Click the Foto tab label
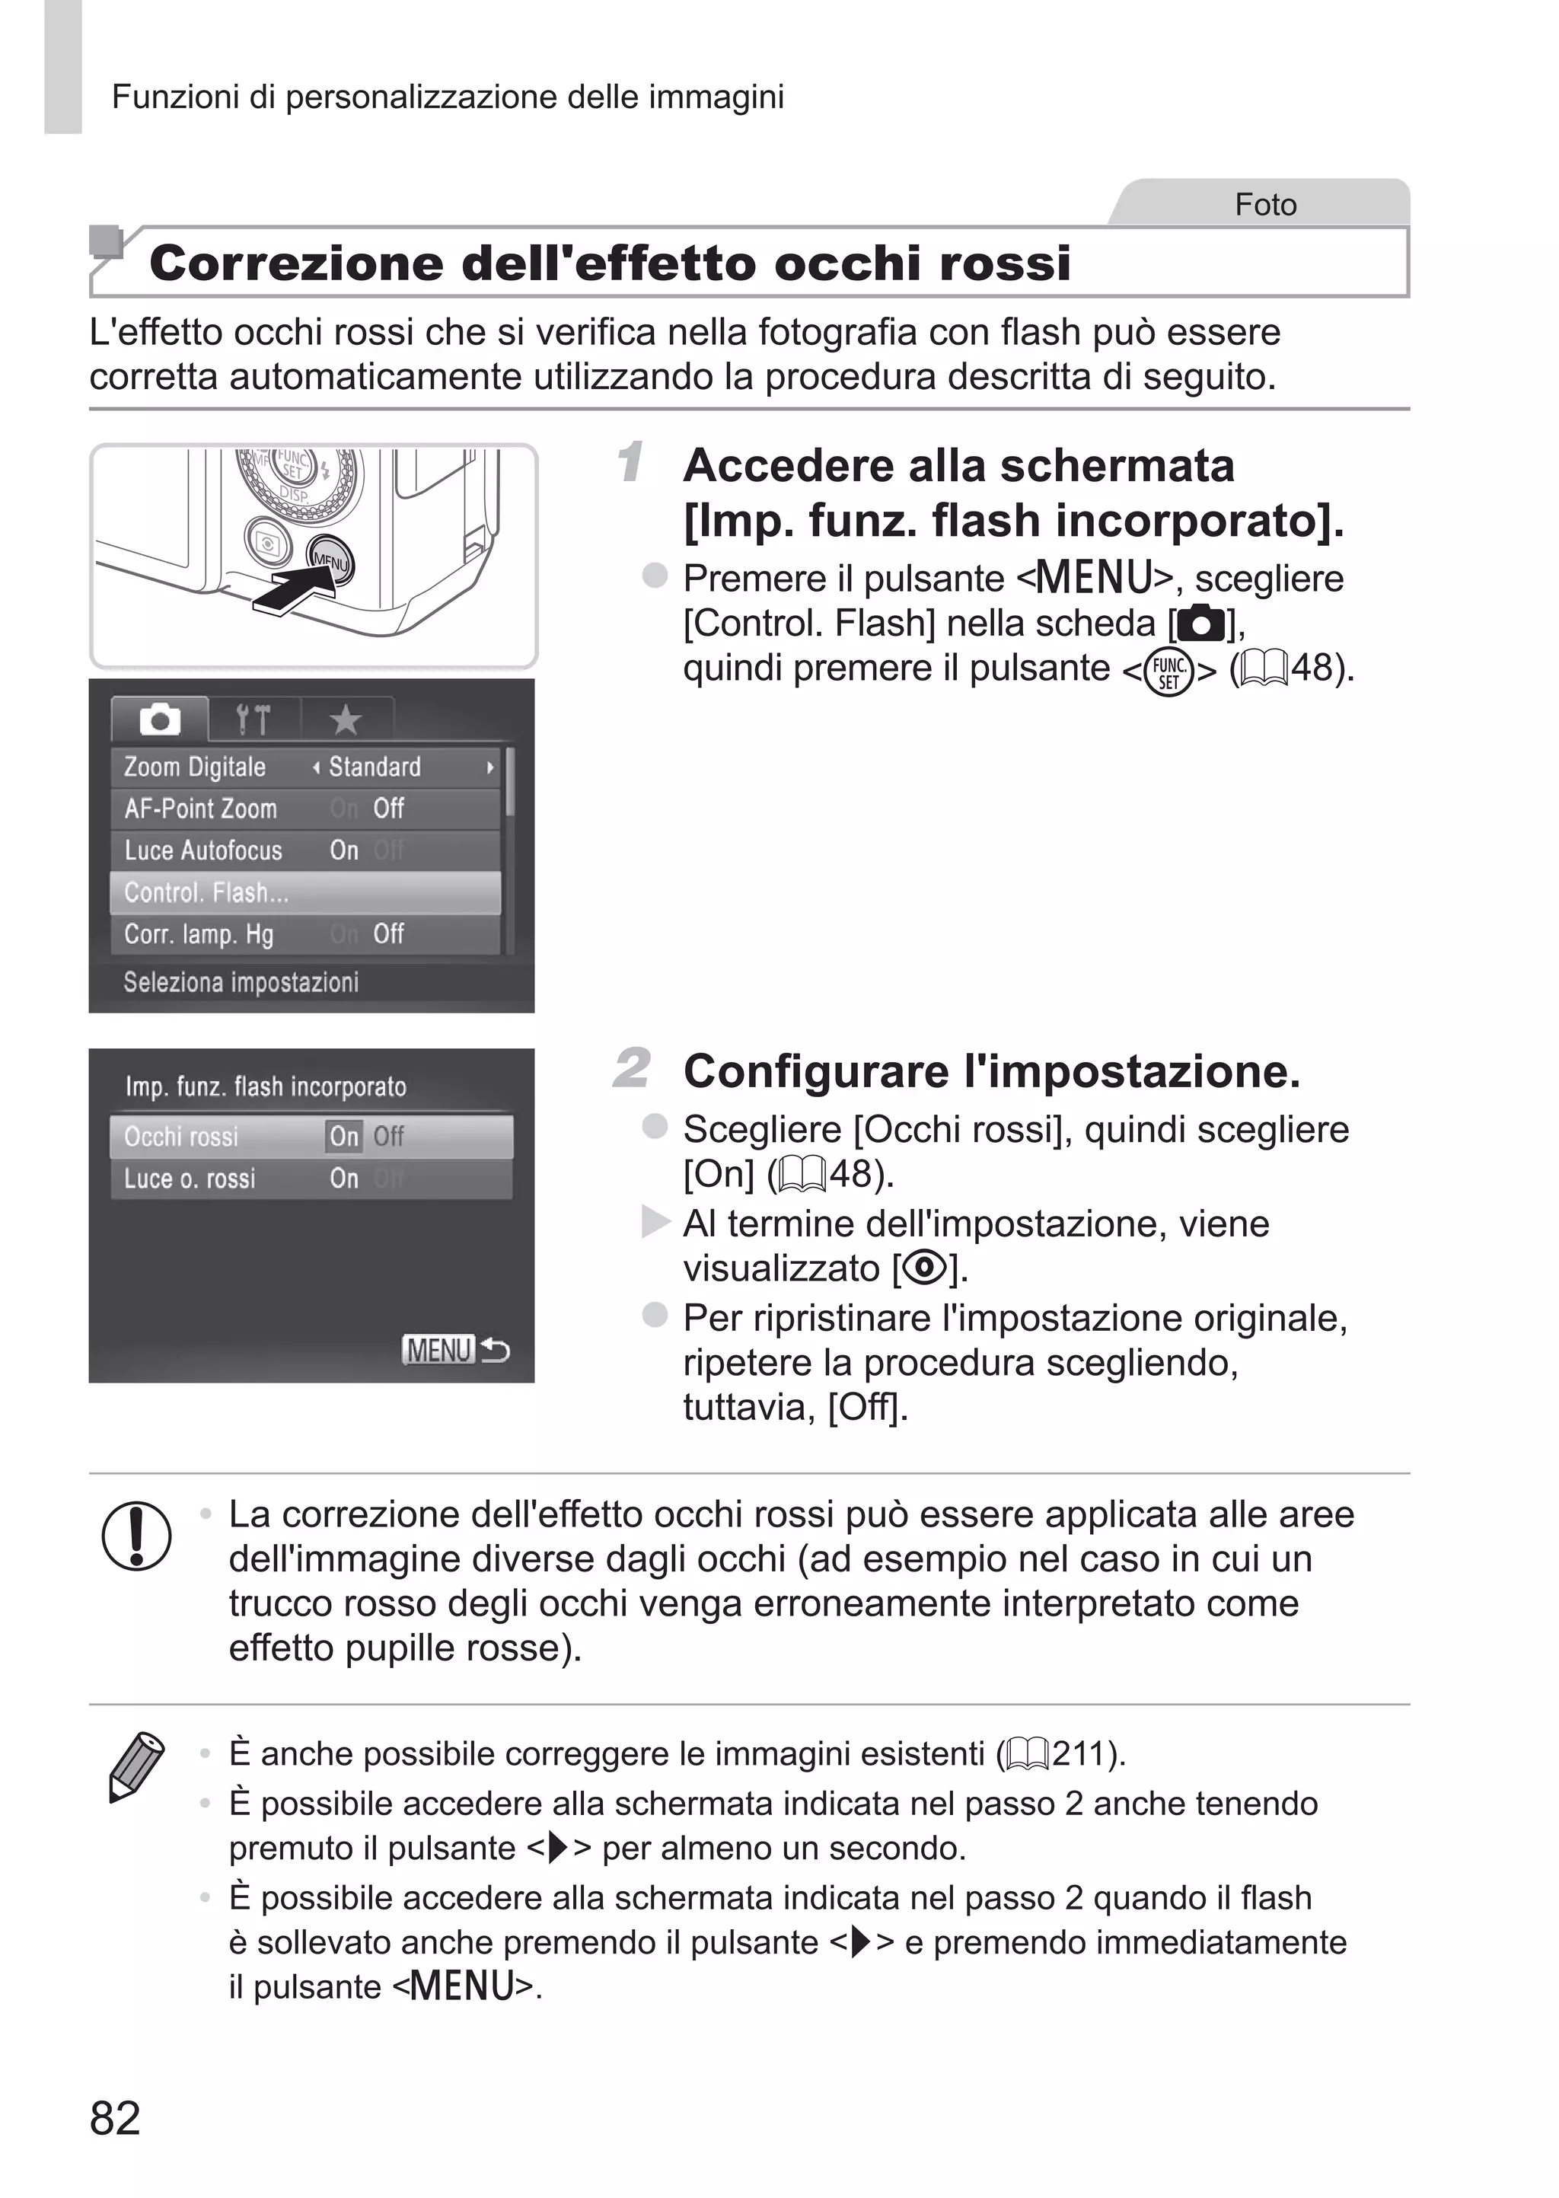[1264, 205]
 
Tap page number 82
[115, 2117]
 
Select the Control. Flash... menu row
[305, 892]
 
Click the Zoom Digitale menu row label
[195, 767]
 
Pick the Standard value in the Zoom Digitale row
[375, 767]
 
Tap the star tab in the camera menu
[346, 719]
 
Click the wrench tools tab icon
[253, 719]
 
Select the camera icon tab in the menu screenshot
[159, 719]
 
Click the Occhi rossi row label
[181, 1137]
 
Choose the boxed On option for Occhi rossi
[343, 1137]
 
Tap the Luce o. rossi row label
[190, 1179]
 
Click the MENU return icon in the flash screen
[455, 1350]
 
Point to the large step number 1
[631, 463]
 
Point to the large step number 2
[632, 1068]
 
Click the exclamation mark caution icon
[136, 1535]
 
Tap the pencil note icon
[135, 1766]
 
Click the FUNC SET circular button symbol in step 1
[1168, 672]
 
